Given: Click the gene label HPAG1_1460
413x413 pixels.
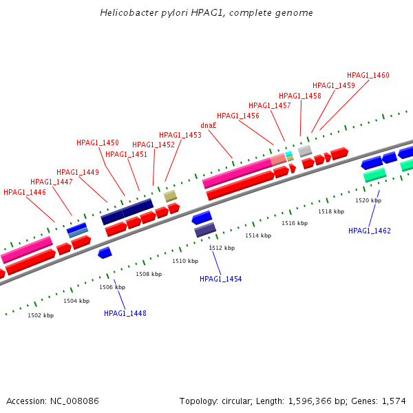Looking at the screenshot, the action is click(x=368, y=75).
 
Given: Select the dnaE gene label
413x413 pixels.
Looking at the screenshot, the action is click(x=209, y=126).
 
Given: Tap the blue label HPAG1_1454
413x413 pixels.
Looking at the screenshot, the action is click(x=221, y=279).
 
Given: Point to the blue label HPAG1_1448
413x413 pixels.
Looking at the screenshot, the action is click(x=125, y=313).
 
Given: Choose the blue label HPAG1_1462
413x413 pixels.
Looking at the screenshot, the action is click(x=369, y=231).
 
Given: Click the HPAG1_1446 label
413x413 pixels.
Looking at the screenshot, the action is click(x=25, y=192).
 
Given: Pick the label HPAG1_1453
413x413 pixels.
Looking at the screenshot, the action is click(x=180, y=135).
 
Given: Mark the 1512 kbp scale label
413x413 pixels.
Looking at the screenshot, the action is click(x=222, y=248).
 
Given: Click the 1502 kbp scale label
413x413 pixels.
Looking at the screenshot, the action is click(x=41, y=315).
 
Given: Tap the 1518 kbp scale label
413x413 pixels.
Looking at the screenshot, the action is click(x=331, y=211).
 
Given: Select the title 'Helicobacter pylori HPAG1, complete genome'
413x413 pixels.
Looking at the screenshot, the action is click(x=206, y=12).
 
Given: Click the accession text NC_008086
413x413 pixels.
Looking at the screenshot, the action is click(x=74, y=401).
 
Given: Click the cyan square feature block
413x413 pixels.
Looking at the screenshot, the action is click(x=288, y=153).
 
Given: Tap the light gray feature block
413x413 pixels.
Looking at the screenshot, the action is click(x=305, y=151).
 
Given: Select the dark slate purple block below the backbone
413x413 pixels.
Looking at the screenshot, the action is click(x=205, y=230).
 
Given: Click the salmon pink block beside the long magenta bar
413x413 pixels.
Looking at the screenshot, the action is click(x=278, y=160).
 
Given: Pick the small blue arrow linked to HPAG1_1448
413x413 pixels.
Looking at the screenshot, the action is click(x=105, y=253).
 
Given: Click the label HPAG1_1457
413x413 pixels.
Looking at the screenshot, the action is click(x=269, y=105).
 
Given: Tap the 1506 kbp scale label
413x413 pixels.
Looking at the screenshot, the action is click(x=112, y=287).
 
